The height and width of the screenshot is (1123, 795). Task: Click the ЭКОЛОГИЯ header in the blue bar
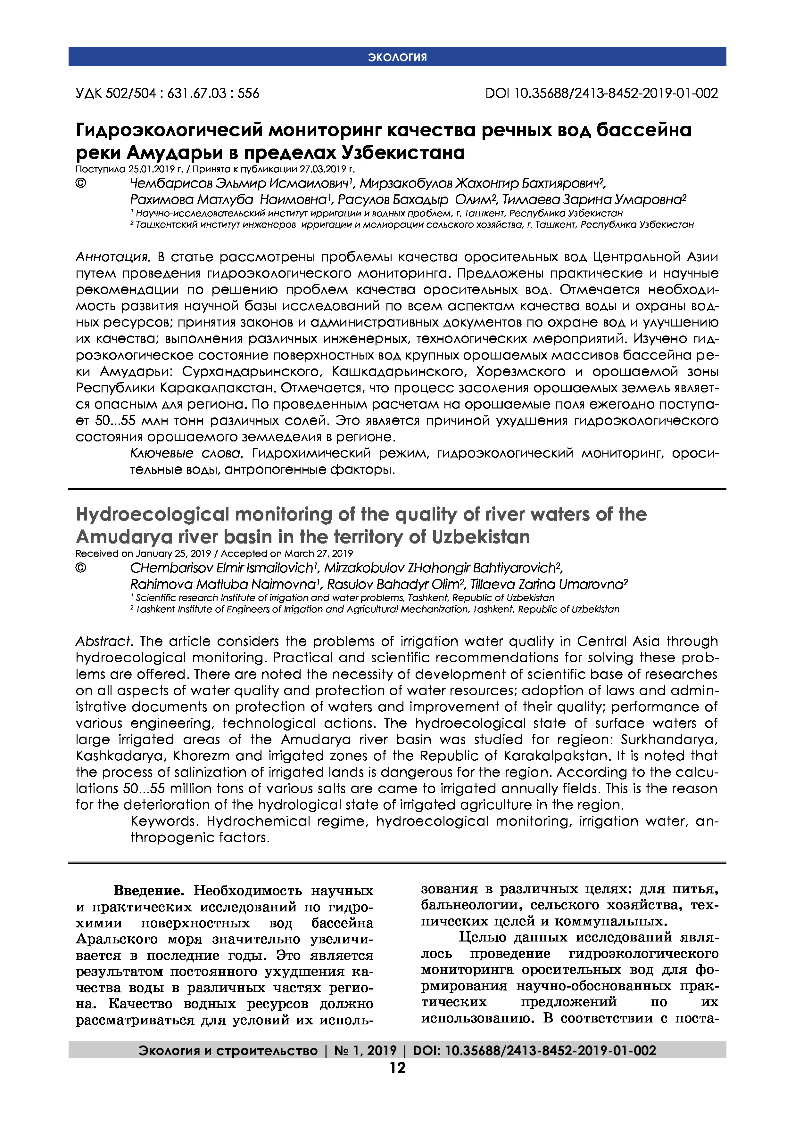[x=397, y=57]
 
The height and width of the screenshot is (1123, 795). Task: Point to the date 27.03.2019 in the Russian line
[x=321, y=169]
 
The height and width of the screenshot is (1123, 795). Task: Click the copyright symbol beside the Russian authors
[x=81, y=183]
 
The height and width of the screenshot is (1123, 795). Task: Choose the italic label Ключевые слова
[x=186, y=453]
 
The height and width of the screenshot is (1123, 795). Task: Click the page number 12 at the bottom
[x=397, y=1067]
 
